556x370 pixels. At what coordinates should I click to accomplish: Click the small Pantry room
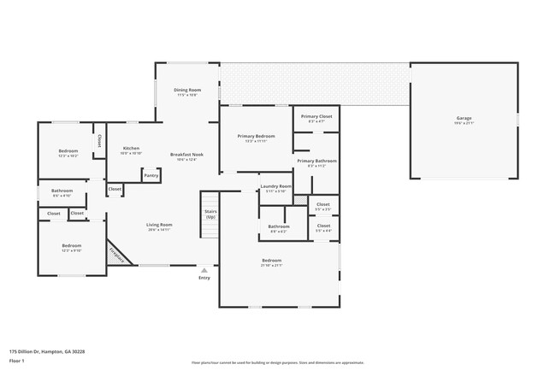pos(151,175)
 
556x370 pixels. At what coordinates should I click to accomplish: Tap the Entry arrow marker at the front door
pos(204,271)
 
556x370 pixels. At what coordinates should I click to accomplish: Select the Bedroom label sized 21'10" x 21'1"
pos(271,261)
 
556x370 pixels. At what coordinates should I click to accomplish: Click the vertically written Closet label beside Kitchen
pos(99,140)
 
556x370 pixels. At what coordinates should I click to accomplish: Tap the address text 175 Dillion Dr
pos(47,350)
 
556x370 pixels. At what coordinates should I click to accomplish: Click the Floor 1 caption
pos(17,360)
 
